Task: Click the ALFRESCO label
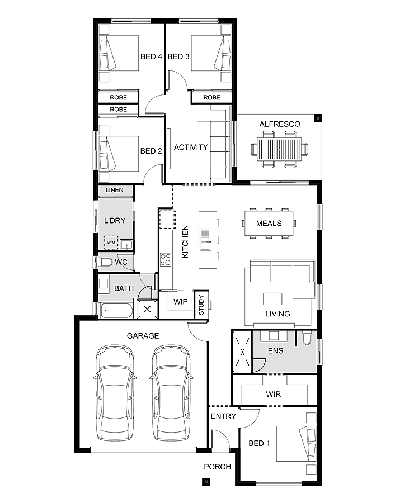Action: [x=280, y=124]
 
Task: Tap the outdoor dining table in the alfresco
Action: [x=279, y=148]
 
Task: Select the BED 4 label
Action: [x=151, y=56]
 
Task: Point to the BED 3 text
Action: [x=178, y=56]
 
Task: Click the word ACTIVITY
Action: [x=191, y=148]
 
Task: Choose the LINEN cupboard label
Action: [x=114, y=191]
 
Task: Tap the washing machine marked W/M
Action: [x=111, y=243]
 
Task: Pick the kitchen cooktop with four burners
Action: [x=166, y=259]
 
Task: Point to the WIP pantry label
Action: [x=180, y=302]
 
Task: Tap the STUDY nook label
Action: [x=201, y=305]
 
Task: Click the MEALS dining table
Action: [x=268, y=223]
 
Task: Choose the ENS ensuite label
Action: [x=276, y=352]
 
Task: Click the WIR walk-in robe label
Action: [x=274, y=395]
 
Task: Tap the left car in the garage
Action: [x=115, y=393]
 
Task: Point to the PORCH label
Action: [x=217, y=467]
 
